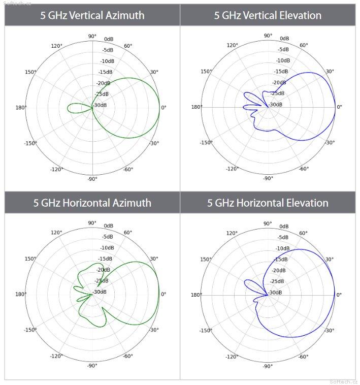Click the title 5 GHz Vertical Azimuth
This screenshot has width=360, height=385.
point(92,15)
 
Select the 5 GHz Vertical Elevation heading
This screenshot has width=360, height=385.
point(268,15)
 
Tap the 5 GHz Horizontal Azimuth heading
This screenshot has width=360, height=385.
point(92,203)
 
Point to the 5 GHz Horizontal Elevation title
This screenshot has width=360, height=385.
point(268,203)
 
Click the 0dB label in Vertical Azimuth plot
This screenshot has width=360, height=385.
point(108,39)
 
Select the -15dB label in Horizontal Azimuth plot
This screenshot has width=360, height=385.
point(105,259)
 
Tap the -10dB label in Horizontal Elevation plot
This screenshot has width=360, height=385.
point(282,248)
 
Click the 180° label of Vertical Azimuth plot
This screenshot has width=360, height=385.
point(22,107)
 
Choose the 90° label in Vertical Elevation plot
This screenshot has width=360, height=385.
point(268,36)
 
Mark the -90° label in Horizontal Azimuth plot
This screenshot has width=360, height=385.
point(92,366)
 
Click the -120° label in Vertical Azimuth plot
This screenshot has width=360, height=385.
point(57,169)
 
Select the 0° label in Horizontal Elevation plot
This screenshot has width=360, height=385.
point(339,295)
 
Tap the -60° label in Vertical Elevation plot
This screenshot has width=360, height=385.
point(304,169)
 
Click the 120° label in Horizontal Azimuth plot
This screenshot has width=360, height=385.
point(56,233)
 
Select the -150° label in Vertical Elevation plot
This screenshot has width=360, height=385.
point(206,143)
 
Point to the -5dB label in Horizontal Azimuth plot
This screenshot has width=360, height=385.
point(107,237)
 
